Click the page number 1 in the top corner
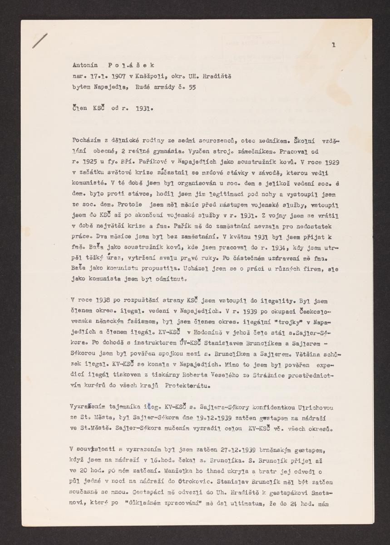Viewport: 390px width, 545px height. pos(334,45)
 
